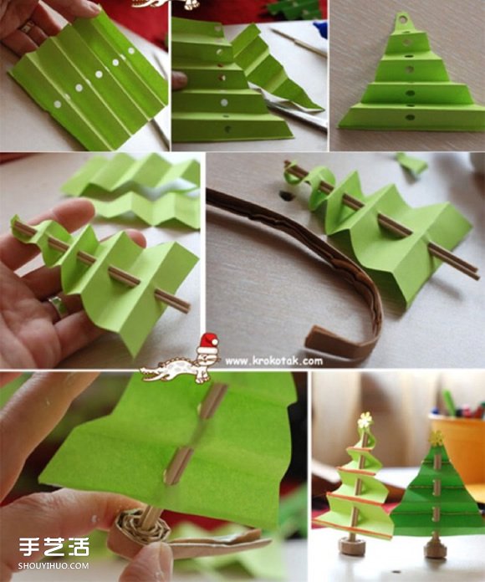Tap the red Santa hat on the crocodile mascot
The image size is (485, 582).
click(207, 344)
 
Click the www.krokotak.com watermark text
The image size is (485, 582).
click(273, 360)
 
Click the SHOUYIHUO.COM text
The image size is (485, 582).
click(54, 565)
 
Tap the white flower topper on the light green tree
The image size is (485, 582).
click(365, 419)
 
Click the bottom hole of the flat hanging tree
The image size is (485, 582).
click(410, 118)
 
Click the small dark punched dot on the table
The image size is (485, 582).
click(285, 195)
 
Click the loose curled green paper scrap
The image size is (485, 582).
click(411, 165)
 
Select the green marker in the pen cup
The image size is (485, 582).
click(449, 403)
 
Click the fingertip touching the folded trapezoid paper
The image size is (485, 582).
click(180, 80)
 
